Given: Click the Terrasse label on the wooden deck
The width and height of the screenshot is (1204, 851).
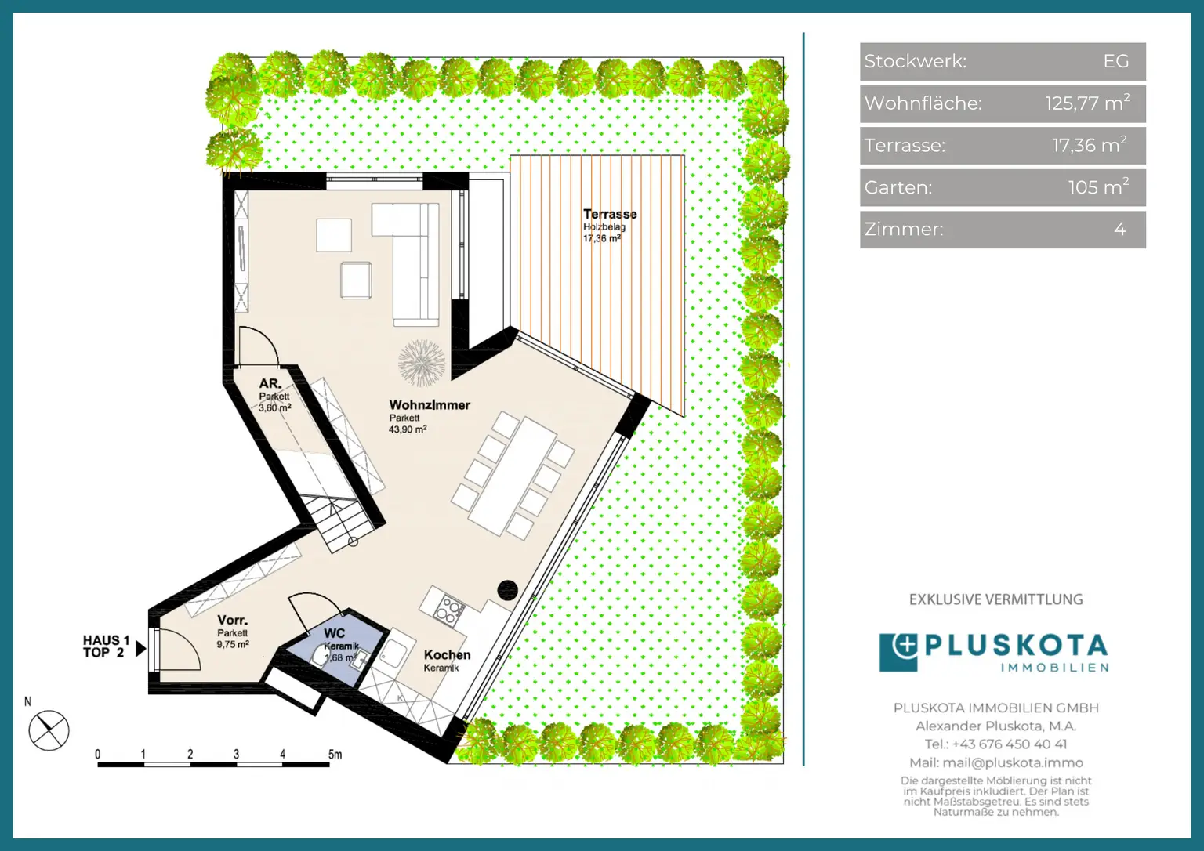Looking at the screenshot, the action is [x=610, y=214].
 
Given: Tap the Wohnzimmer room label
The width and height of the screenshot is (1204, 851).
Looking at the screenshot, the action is [x=430, y=405].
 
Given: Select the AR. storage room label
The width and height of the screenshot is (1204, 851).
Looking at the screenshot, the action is [x=270, y=384].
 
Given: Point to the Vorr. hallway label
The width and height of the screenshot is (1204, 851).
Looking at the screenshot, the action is [x=233, y=621].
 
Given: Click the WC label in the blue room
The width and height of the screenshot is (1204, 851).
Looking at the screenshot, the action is [x=335, y=633].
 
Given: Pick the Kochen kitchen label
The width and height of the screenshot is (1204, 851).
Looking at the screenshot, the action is [x=448, y=655].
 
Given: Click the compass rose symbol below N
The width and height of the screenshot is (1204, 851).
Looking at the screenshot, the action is [x=49, y=730].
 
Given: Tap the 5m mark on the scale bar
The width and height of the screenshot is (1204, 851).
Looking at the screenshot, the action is [x=335, y=755].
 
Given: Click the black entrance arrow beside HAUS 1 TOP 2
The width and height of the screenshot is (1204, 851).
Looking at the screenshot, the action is [x=141, y=649].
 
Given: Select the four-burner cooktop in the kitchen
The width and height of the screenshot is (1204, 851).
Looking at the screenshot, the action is [x=449, y=611].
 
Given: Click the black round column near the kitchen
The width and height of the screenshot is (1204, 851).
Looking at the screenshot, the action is [x=507, y=590].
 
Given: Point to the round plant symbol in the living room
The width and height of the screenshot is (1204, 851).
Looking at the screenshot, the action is [x=422, y=363].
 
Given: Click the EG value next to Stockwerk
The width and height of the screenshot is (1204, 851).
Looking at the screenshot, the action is [x=1116, y=61].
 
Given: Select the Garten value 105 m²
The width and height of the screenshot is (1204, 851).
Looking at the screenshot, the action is [x=1098, y=186].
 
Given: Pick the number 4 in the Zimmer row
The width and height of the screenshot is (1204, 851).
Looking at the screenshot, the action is [x=1119, y=230].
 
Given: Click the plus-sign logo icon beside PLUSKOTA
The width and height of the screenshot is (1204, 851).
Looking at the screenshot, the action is [x=899, y=652].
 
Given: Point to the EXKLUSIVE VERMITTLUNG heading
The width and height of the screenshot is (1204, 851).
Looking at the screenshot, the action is [x=996, y=599].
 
